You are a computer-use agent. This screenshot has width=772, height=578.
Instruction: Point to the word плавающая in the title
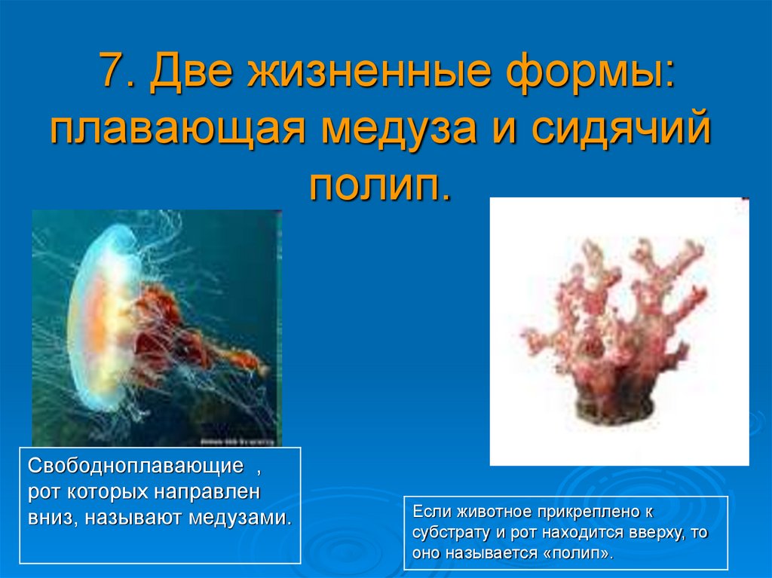(x=176, y=130)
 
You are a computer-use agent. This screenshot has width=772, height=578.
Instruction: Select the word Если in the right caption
(x=430, y=512)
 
